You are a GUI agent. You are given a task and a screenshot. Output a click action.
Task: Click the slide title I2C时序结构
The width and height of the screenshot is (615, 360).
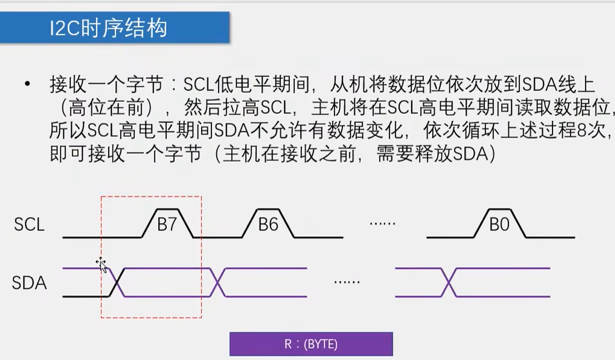tap(108, 28)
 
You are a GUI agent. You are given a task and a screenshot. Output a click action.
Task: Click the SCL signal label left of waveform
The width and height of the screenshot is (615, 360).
tap(29, 225)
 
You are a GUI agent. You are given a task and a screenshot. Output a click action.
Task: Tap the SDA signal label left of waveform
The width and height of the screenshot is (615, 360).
tap(29, 283)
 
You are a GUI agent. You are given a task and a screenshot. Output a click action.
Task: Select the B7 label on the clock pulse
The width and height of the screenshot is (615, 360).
tap(167, 225)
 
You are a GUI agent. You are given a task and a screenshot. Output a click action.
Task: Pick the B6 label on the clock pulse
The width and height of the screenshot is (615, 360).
tap(268, 225)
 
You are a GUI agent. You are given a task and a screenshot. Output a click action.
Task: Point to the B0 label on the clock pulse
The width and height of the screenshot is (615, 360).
tap(499, 225)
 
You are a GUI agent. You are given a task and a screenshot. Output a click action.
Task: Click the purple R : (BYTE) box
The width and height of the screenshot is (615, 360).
tap(311, 344)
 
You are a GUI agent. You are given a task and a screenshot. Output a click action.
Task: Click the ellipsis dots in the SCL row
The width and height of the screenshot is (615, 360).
tap(382, 224)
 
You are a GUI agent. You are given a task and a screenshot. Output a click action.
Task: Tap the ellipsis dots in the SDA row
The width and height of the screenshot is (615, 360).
tap(347, 282)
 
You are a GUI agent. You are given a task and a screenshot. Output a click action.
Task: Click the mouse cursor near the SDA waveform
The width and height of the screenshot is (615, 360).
tap(101, 264)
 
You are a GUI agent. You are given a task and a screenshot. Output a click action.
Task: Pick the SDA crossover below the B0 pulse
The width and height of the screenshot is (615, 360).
tap(448, 282)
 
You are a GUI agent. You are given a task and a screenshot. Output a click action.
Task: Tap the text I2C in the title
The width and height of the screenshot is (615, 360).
tap(64, 28)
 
